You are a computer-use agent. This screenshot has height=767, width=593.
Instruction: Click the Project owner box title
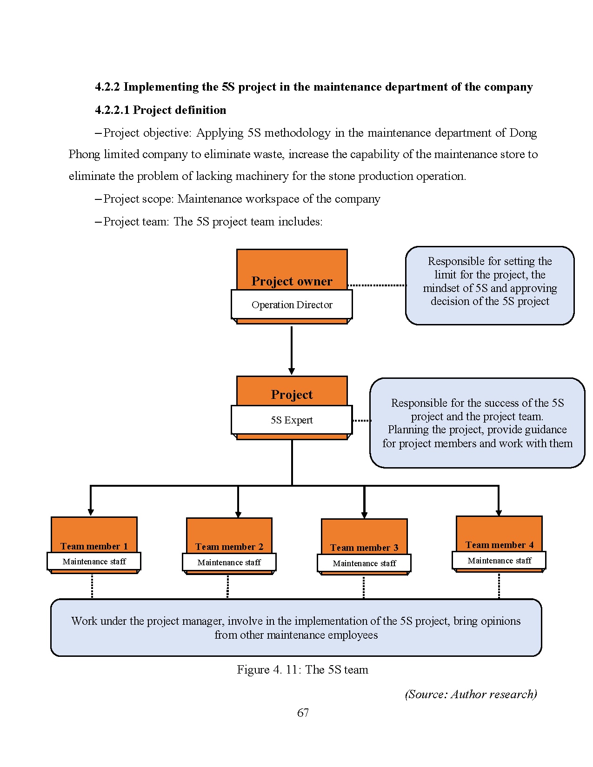292,281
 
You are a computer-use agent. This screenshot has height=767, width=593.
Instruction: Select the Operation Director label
292,305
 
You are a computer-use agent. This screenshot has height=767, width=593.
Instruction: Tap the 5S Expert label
292,420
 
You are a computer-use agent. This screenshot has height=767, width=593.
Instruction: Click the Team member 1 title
94,546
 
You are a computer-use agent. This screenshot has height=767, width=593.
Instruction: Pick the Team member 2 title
229,547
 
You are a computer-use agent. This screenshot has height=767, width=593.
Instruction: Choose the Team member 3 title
364,548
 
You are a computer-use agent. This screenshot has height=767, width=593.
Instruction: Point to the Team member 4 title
499,545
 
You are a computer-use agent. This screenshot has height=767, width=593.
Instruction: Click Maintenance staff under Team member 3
364,563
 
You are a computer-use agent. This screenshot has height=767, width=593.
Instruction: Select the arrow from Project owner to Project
292,349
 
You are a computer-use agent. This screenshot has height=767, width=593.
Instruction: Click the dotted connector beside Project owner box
377,285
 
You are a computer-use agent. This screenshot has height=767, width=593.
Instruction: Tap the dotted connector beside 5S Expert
361,421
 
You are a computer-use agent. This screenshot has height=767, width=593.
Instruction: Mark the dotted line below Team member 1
92,586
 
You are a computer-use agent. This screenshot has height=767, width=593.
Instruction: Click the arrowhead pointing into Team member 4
499,513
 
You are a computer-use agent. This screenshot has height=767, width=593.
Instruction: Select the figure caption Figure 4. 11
302,670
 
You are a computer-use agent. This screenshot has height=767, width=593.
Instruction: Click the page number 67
303,713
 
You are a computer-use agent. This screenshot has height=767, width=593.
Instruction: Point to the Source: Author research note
471,694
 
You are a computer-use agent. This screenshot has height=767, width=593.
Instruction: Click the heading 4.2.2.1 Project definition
160,110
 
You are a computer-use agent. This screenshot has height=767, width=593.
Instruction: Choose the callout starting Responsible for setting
490,285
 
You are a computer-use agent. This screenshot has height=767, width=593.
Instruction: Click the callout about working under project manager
296,628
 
